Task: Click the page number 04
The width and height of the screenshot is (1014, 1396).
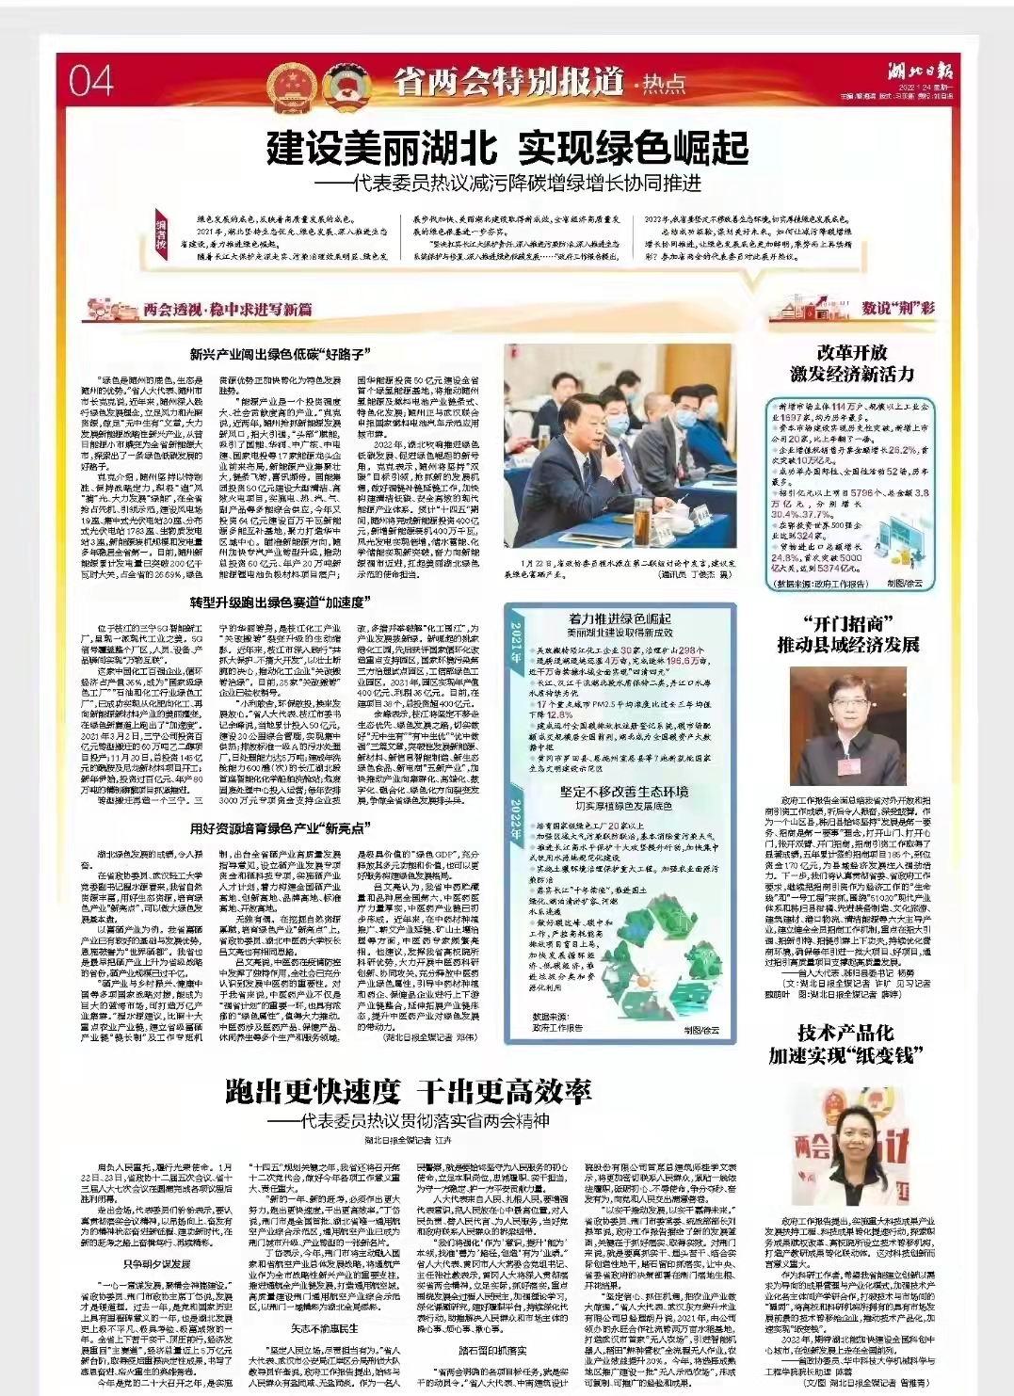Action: [x=90, y=81]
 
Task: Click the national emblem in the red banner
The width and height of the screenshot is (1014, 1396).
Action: [x=285, y=84]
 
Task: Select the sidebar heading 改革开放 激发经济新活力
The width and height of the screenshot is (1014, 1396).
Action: [x=852, y=363]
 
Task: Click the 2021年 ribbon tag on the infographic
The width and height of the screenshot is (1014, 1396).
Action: [x=515, y=645]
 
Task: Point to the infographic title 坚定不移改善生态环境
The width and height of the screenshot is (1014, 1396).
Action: [x=624, y=792]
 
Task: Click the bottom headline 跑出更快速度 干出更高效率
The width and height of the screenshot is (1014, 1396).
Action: [x=409, y=1092]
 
